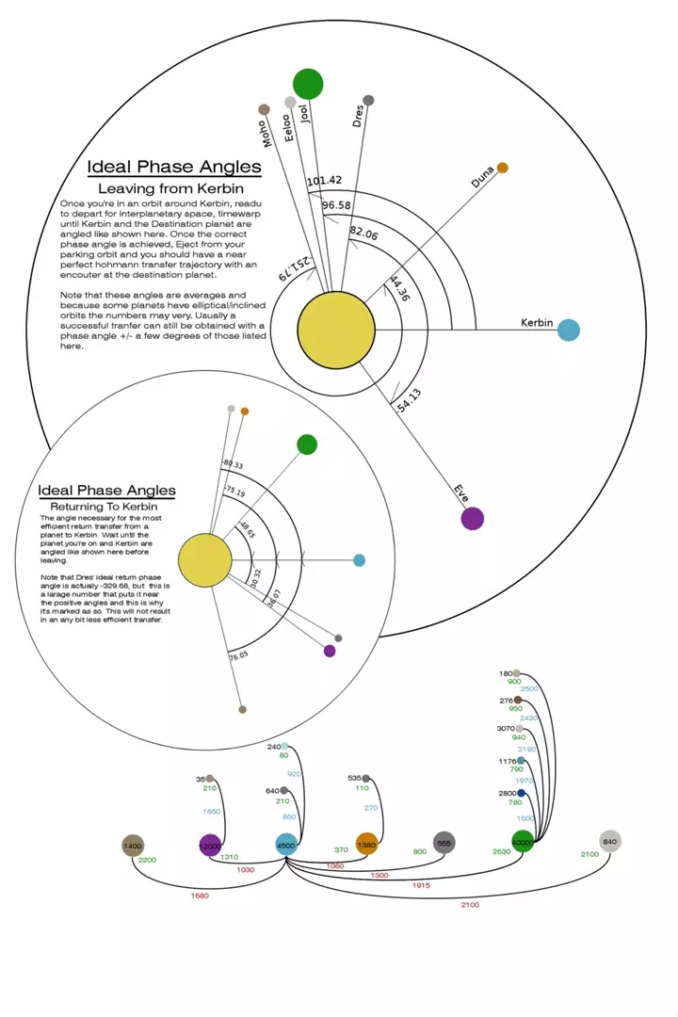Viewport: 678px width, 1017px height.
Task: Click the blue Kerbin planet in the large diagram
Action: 568,330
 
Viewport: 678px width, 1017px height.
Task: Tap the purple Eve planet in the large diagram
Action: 472,518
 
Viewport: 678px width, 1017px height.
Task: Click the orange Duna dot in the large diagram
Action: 502,168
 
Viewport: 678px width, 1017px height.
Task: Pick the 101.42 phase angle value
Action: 324,181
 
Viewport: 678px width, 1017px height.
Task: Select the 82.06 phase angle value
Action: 363,231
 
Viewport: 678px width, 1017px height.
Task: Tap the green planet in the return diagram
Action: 306,444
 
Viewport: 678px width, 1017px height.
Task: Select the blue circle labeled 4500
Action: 286,846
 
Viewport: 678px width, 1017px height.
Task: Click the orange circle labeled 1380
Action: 366,845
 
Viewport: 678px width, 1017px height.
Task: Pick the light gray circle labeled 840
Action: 609,842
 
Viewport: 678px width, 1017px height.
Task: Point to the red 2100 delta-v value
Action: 469,905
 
